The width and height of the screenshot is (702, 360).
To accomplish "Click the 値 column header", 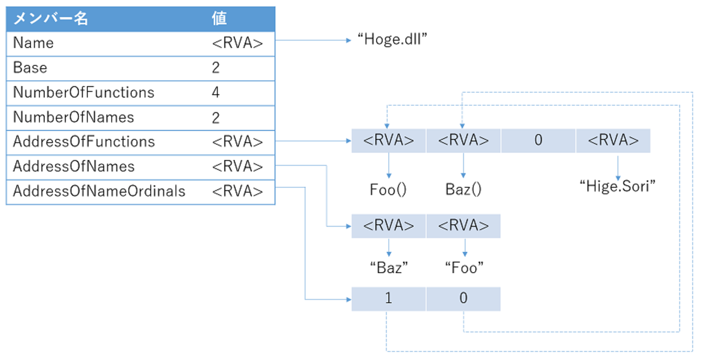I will (x=219, y=19).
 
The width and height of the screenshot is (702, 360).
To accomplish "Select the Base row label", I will (x=30, y=68).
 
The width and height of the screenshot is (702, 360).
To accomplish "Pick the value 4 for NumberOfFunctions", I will (x=216, y=93).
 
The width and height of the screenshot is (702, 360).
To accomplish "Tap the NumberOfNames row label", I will (x=73, y=117).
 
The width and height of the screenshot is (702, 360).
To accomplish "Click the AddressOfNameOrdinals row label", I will (x=99, y=191).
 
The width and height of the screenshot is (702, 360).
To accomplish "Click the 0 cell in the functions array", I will (x=538, y=141).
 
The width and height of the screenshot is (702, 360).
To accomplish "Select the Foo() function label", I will (x=388, y=189).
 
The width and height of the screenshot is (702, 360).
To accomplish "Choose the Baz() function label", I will (x=463, y=189).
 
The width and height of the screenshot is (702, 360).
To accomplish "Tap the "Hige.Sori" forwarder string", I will (x=617, y=187).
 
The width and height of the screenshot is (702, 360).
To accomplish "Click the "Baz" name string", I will (x=388, y=267).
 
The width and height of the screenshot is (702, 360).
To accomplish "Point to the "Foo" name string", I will (x=463, y=267).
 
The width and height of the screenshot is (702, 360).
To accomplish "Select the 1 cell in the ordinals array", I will (x=388, y=299).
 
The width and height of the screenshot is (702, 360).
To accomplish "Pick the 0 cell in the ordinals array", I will (x=463, y=299).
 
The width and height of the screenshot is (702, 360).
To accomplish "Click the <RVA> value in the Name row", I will (x=238, y=43).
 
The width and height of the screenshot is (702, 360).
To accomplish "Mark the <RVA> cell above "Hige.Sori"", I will (x=613, y=141).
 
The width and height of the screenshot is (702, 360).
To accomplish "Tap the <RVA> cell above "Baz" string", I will (x=388, y=226).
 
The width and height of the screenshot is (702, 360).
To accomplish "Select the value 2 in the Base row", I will (x=216, y=68).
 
